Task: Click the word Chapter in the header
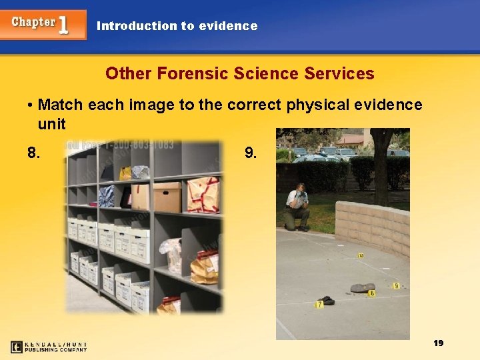pyautogui.click(x=33, y=22)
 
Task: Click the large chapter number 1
pyautogui.click(x=63, y=25)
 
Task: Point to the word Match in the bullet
pyautogui.click(x=63, y=105)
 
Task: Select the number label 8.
pyautogui.click(x=33, y=153)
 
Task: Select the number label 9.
pyautogui.click(x=251, y=153)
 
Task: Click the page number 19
pyautogui.click(x=438, y=343)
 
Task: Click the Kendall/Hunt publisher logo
pyautogui.click(x=49, y=347)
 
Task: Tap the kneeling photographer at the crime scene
pyautogui.click(x=296, y=207)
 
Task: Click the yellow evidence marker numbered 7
pyautogui.click(x=319, y=305)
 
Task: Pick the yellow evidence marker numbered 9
pyautogui.click(x=396, y=286)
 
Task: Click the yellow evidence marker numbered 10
pyautogui.click(x=361, y=255)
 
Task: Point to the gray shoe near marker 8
pyautogui.click(x=361, y=288)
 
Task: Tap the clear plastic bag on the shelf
pyautogui.click(x=171, y=253)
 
